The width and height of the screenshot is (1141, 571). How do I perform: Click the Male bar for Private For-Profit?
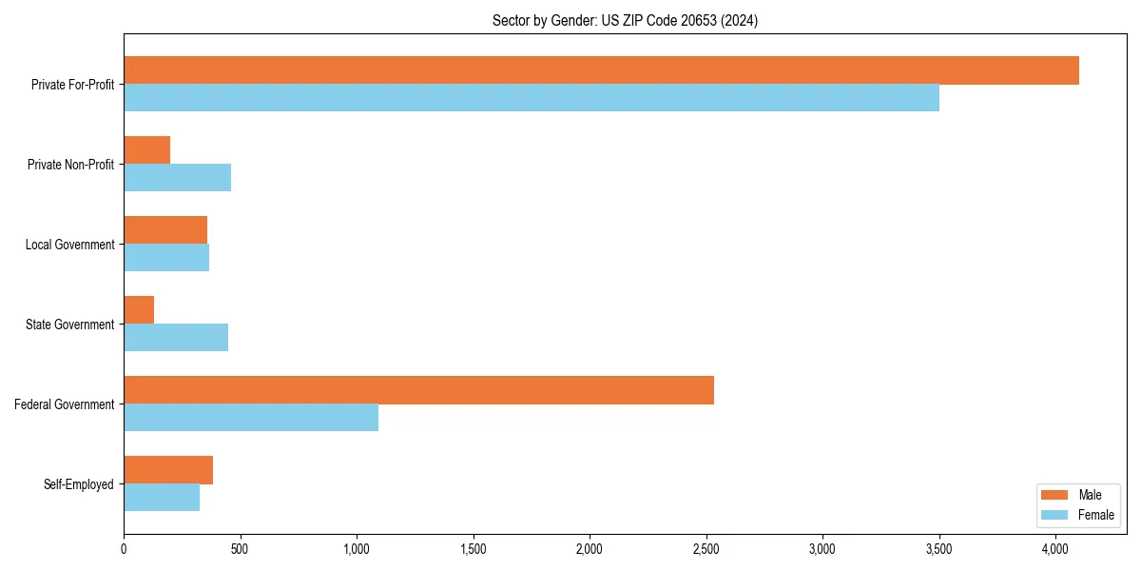601,70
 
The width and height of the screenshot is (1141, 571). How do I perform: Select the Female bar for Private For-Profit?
532,98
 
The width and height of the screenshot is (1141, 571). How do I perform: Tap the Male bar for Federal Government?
418,390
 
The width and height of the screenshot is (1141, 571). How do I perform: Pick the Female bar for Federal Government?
251,418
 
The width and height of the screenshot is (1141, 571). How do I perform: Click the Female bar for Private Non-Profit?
177,178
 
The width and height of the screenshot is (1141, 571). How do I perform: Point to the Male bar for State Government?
139,310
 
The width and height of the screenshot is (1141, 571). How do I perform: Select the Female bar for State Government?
176,338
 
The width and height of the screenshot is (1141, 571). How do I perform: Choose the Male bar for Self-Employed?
168,470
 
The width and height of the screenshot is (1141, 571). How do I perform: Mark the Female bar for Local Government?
166,258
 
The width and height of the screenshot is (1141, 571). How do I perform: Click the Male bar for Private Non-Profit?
146,150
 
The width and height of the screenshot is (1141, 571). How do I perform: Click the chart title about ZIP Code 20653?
625,20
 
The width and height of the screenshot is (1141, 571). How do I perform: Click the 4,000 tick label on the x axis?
1054,548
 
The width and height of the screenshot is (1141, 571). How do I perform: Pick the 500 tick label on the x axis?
240,548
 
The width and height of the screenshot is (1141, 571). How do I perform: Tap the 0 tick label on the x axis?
124,548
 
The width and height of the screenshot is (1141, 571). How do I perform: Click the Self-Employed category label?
79,484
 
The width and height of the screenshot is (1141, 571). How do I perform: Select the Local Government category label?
69,245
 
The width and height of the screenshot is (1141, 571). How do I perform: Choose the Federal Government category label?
65,404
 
